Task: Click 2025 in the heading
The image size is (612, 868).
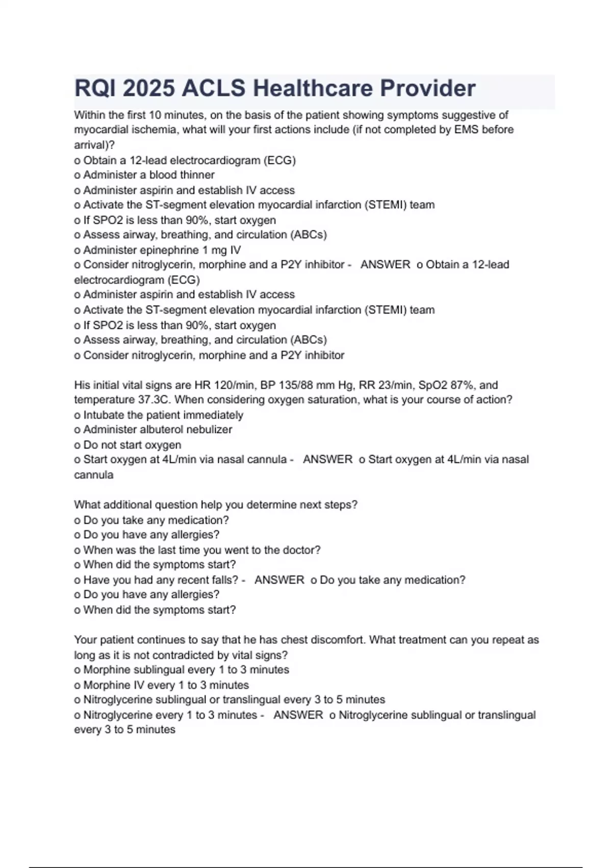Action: (148, 88)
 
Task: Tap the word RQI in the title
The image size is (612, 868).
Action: (95, 88)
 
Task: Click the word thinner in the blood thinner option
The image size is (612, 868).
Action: (195, 175)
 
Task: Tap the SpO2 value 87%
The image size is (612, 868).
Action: (462, 385)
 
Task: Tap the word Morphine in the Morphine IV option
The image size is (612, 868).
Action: (105, 685)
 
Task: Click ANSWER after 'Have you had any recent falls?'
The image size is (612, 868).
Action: (279, 580)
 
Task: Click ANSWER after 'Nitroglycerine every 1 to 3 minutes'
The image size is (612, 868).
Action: (298, 715)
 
